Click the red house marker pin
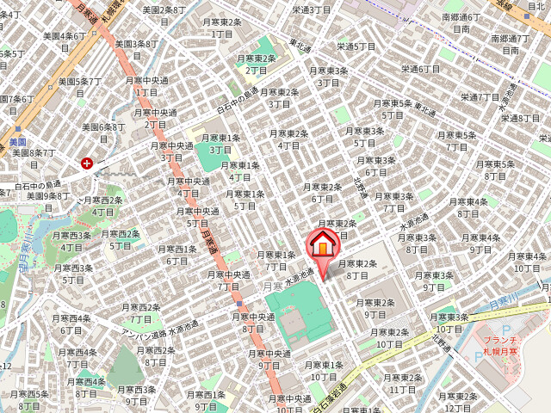point(322,244)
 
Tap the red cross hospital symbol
point(87,162)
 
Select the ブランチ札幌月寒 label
point(498,347)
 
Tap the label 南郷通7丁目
point(510,45)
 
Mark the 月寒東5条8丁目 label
point(494,170)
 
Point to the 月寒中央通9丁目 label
point(270,359)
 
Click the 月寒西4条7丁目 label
point(77,357)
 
